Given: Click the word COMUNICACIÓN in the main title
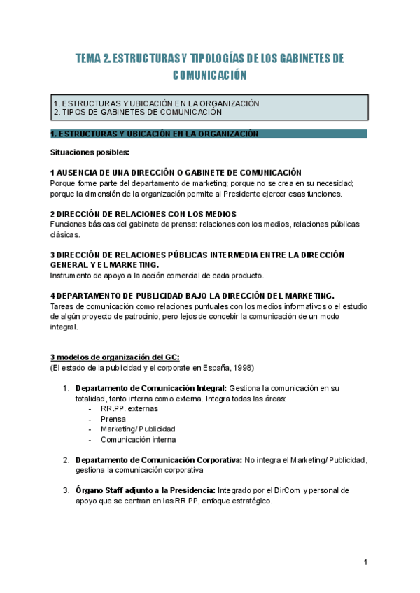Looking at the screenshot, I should tap(210, 75).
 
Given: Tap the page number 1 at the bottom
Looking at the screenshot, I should tap(365, 562).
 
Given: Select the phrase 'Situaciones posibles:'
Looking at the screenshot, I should tap(90, 152).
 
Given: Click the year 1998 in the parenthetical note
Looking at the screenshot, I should tap(241, 367).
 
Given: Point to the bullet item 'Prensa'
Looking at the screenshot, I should tap(113, 418).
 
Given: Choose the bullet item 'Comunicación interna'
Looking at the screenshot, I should tap(138, 439).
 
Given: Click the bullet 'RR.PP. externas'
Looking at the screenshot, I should tap(129, 408).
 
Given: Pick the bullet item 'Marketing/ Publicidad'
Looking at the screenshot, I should tap(138, 429).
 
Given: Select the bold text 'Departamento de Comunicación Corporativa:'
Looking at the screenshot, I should tap(159, 459).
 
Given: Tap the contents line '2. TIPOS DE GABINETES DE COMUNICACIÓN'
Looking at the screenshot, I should tap(138, 112).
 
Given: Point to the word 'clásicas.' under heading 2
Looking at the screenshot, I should tap(66, 234).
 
